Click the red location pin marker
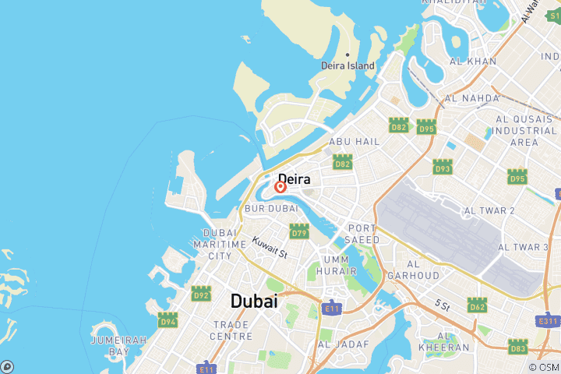[280, 187]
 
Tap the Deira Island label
[348, 66]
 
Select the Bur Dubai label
[271, 209]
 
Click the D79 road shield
[299, 231]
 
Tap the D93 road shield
[443, 167]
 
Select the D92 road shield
[201, 294]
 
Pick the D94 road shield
[168, 320]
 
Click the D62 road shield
[478, 305]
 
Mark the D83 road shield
[517, 345]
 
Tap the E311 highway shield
[549, 320]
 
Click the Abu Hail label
[354, 142]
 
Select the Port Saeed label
[363, 234]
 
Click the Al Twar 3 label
[523, 247]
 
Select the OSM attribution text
[543, 367]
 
